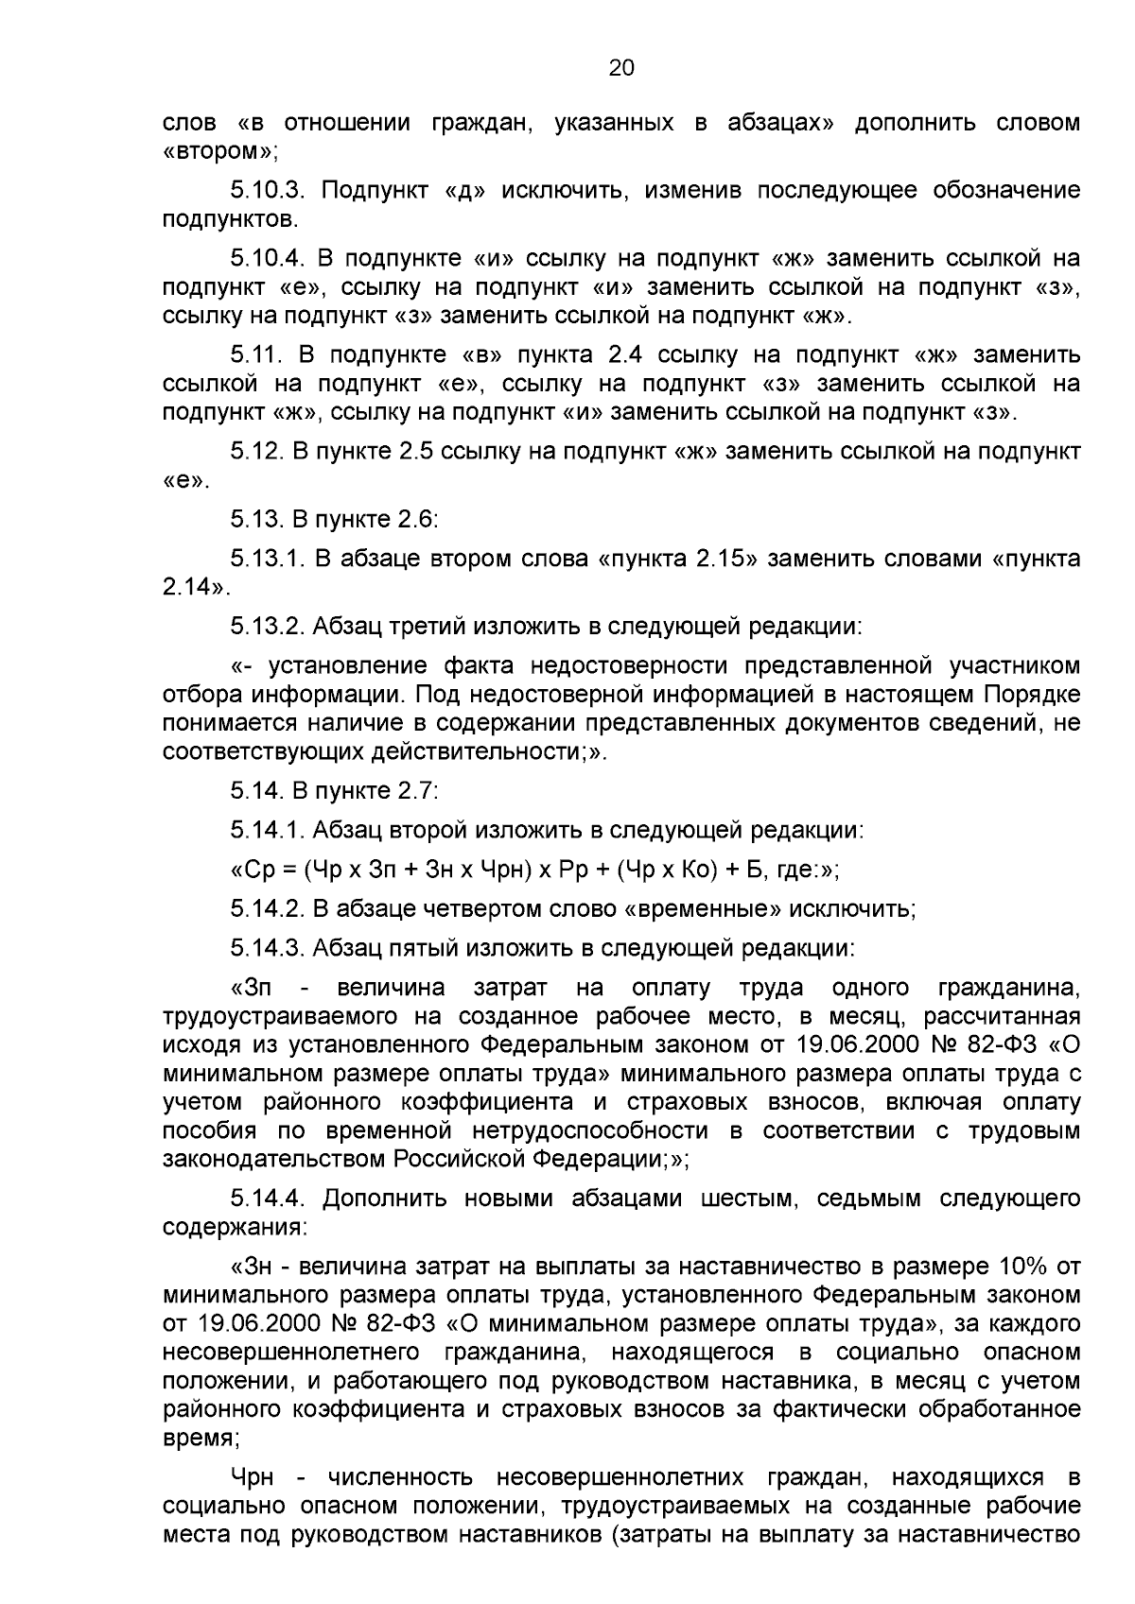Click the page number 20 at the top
tap(620, 68)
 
